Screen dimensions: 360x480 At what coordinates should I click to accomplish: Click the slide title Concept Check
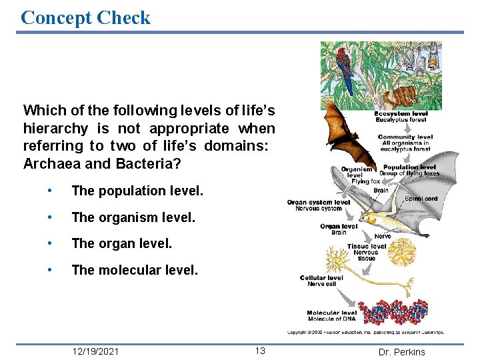point(86,17)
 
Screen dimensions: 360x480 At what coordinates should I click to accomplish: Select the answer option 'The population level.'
point(137,191)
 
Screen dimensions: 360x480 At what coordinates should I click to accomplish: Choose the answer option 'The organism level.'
point(133,217)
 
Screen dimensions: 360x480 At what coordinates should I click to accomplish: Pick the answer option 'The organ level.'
point(121,244)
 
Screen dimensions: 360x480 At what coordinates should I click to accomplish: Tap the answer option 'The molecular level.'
point(135,270)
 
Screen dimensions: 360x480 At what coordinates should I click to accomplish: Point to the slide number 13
point(259,351)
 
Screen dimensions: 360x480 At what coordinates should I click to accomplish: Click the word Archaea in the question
point(49,164)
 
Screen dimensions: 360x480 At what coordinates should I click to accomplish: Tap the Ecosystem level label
point(401,114)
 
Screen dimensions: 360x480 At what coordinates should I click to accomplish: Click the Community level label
point(405,137)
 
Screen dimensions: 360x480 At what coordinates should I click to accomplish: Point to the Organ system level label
point(319,203)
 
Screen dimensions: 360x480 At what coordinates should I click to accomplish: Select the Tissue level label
point(366,246)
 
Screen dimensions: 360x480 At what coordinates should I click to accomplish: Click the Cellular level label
point(321,278)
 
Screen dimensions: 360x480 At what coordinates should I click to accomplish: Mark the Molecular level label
point(332,313)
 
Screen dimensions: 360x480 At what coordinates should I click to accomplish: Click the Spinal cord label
point(421,199)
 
